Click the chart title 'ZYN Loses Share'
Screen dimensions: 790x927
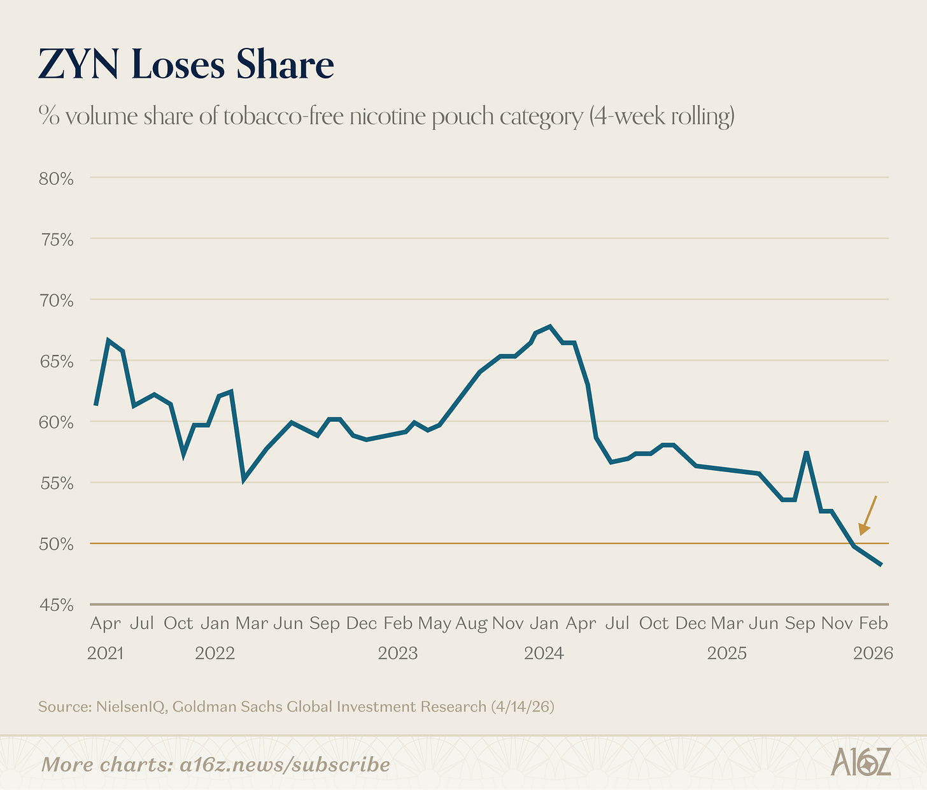coord(186,65)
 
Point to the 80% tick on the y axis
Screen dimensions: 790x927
coord(56,178)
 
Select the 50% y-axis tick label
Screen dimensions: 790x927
coord(56,545)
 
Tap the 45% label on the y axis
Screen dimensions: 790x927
coord(56,605)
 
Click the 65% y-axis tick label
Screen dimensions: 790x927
coord(56,361)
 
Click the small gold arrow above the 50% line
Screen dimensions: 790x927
coord(867,515)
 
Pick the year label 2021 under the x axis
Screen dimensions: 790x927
coord(105,653)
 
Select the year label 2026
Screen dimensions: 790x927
coord(873,653)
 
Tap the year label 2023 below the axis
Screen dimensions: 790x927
coord(398,653)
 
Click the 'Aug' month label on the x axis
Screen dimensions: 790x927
coord(471,623)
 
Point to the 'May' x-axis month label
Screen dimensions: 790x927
coord(435,623)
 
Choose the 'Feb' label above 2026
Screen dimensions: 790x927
coord(873,623)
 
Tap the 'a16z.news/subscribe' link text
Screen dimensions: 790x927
coord(285,764)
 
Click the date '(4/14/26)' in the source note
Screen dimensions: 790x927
coord(522,707)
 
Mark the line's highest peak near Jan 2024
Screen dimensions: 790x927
coord(550,326)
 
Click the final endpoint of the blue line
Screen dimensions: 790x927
coord(881,564)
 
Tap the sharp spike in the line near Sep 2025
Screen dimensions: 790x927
coord(807,452)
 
